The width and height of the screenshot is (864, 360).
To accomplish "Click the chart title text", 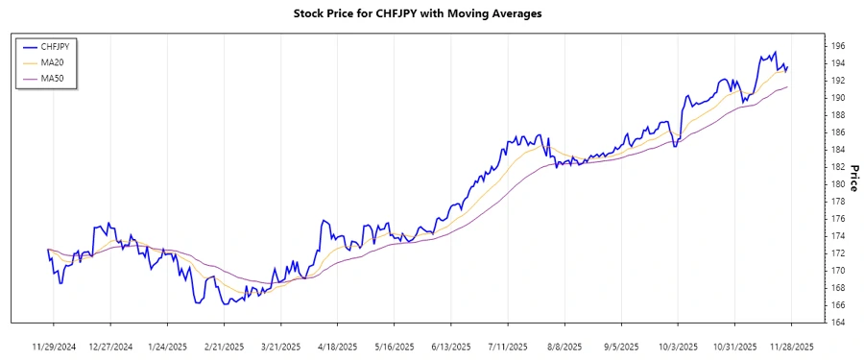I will (431, 14).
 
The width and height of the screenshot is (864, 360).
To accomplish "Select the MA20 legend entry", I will (53, 61).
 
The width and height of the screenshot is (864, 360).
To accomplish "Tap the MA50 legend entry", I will (53, 77).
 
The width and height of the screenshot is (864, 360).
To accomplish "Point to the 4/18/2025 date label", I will (336, 346).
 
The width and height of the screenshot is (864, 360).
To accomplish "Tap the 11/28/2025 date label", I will (791, 346).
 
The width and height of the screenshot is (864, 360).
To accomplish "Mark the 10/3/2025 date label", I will (678, 346).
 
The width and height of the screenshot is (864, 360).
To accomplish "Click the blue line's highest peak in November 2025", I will (775, 53).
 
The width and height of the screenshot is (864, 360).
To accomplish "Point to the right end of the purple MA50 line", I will (788, 87).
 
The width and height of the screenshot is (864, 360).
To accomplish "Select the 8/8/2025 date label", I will (564, 346).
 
